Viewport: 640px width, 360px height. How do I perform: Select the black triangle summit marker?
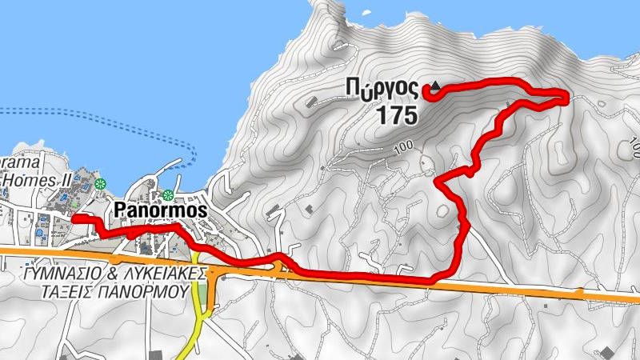(x=435, y=86)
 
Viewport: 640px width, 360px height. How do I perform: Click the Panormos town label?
(x=161, y=210)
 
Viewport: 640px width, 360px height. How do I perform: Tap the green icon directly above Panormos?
(x=168, y=195)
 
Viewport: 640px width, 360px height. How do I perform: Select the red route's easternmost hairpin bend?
(x=566, y=97)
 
